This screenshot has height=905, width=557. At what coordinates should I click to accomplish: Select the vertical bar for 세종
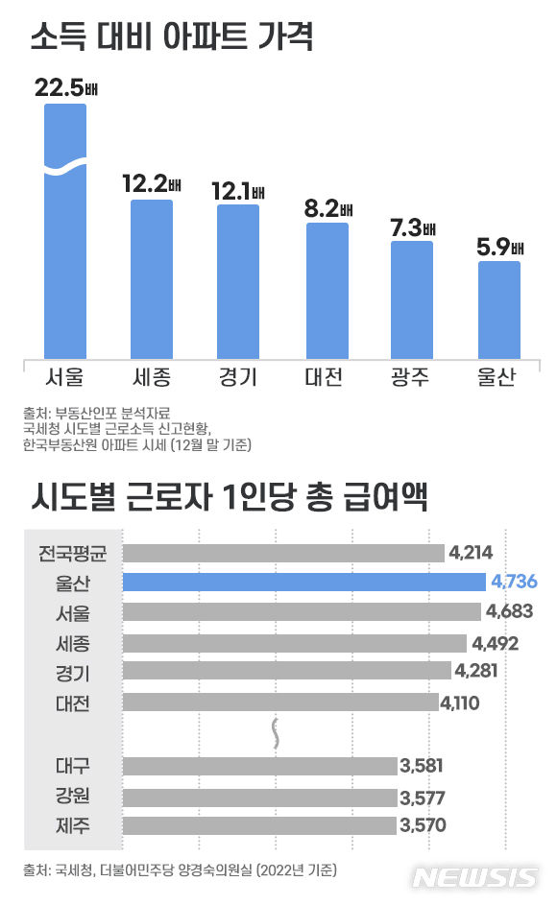152,278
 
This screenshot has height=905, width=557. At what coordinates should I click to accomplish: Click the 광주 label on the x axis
410,375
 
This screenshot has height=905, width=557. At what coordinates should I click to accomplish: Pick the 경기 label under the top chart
238,375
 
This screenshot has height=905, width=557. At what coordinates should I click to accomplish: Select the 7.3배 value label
412,228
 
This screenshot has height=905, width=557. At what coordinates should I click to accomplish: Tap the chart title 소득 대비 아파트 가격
173,39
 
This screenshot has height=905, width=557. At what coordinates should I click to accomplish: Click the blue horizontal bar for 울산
304,582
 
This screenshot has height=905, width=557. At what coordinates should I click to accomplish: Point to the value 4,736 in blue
513,582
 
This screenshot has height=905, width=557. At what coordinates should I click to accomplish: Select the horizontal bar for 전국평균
283,552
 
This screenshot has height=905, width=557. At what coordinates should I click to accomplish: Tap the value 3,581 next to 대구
423,766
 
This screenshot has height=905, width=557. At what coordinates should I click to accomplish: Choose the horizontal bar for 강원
259,796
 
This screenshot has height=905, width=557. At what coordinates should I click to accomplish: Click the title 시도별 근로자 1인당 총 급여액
230,498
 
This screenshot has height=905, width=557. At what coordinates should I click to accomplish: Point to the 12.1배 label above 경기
238,192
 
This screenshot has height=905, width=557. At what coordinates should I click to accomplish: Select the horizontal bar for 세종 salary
295,642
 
